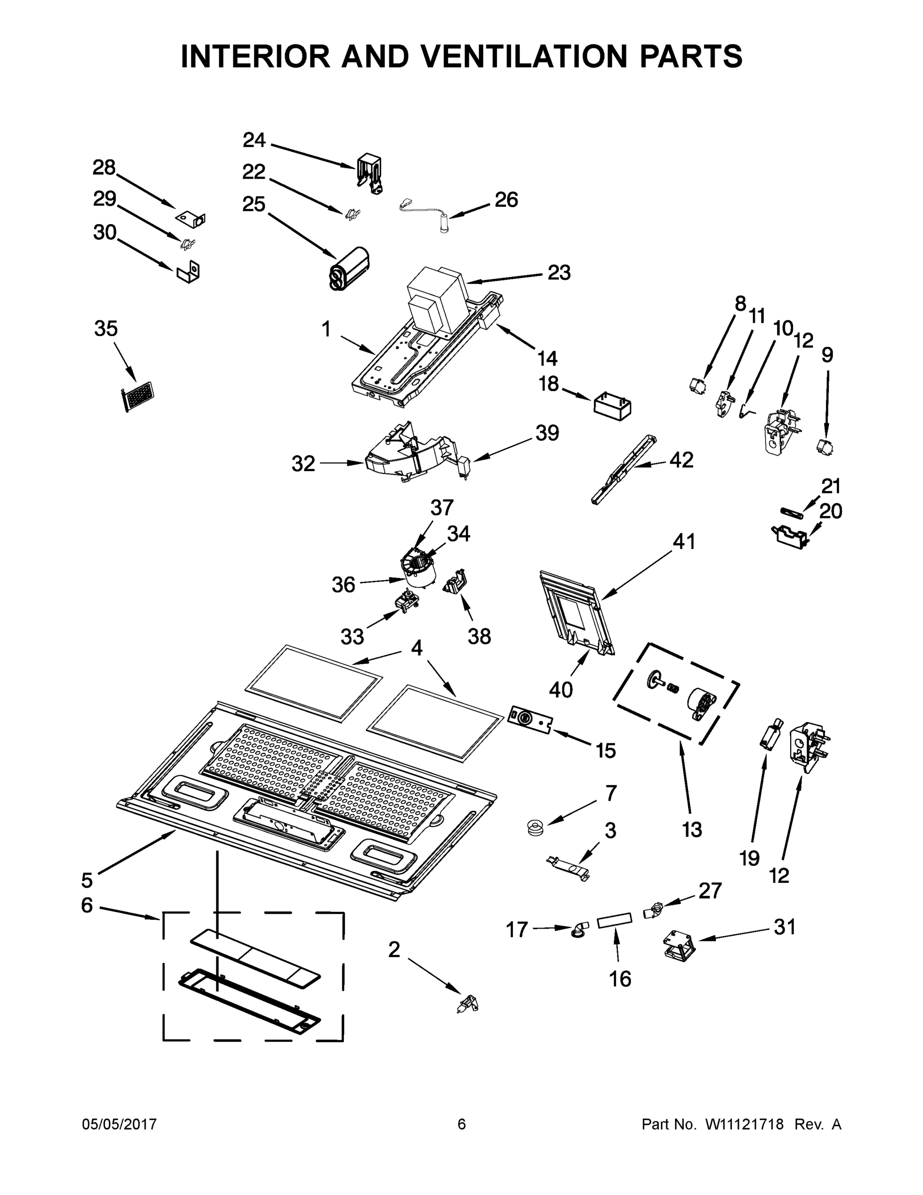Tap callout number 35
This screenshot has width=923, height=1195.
pyautogui.click(x=105, y=328)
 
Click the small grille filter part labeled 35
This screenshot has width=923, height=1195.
pyautogui.click(x=137, y=396)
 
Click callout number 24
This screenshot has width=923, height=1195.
pyautogui.click(x=254, y=140)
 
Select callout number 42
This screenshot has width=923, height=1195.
pyautogui.click(x=681, y=460)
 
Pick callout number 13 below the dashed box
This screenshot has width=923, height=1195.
pyautogui.click(x=692, y=830)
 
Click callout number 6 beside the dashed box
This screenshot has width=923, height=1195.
pyautogui.click(x=87, y=905)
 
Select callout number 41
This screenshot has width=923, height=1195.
pyautogui.click(x=684, y=542)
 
